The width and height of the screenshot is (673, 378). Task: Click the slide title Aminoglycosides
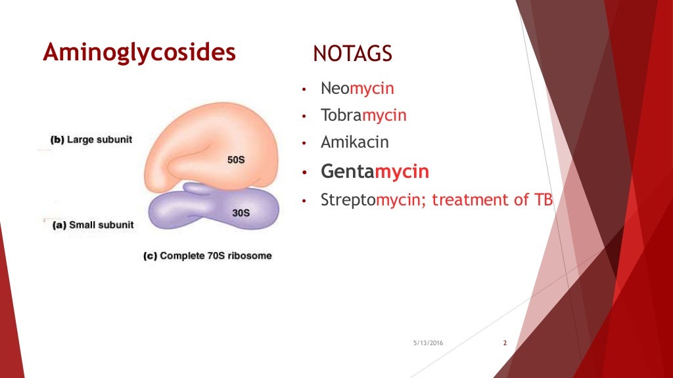click(139, 52)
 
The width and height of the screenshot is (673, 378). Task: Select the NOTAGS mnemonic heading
click(352, 54)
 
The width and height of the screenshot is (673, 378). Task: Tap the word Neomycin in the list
click(357, 88)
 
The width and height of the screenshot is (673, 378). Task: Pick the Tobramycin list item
click(363, 115)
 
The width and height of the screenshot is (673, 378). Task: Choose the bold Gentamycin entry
click(375, 172)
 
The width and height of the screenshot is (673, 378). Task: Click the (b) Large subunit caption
click(91, 139)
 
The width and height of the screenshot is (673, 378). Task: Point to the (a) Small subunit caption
click(93, 225)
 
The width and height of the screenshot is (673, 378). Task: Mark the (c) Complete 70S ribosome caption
click(207, 255)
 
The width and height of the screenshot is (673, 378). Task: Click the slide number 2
click(505, 343)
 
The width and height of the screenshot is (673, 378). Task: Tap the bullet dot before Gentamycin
click(304, 173)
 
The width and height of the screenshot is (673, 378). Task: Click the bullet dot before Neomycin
click(304, 89)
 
